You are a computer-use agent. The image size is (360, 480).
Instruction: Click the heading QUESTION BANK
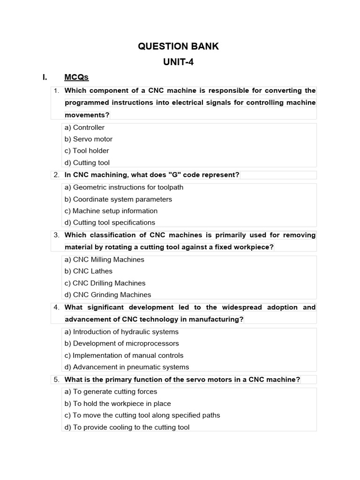178,46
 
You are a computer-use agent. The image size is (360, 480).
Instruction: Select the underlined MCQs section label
76,77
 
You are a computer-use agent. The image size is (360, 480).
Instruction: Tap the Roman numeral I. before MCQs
45,77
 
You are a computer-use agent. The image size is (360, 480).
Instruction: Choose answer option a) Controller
84,127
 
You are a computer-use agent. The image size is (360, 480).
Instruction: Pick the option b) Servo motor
88,139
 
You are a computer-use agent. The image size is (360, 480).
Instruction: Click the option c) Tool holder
87,151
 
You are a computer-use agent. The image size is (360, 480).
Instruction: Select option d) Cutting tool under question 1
87,163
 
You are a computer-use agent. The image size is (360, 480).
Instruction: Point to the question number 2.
56,175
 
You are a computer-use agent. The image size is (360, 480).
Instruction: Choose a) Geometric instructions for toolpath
124,187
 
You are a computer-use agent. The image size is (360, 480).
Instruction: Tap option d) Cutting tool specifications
110,223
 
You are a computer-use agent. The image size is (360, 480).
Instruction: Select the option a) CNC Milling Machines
104,260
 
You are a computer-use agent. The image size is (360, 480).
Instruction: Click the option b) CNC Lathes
89,271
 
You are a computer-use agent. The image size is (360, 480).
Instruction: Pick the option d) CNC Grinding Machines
108,295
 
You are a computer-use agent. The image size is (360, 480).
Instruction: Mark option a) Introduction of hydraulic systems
121,332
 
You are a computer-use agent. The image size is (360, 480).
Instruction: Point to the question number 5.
56,380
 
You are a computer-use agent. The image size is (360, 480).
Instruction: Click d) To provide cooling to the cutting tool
127,427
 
